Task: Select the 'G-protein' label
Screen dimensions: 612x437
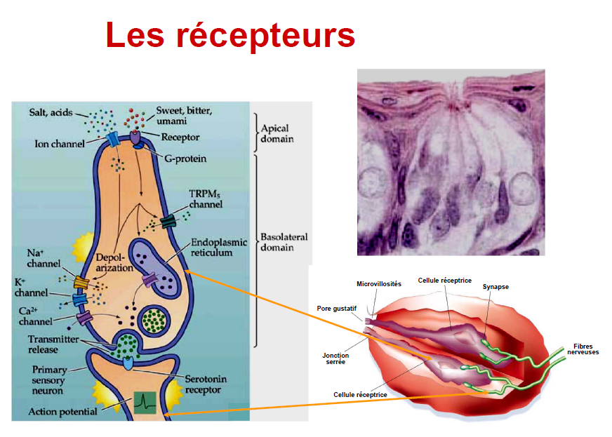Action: click(185, 159)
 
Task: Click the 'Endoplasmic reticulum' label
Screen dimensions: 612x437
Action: click(219, 247)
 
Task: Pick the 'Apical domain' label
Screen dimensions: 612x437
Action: click(277, 133)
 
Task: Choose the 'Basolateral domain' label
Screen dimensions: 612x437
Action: click(284, 242)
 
